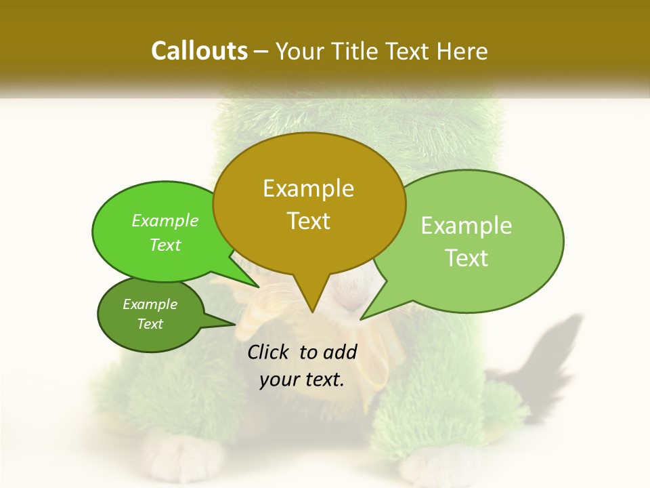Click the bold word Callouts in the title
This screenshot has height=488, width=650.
[x=199, y=51]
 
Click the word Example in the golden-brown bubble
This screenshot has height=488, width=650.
[x=308, y=188]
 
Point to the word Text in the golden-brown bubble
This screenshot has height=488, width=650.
[x=308, y=221]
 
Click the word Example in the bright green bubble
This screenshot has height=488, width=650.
[x=165, y=221]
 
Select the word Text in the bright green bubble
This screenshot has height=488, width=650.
[x=165, y=245]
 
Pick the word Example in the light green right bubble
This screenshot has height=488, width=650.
[x=467, y=226]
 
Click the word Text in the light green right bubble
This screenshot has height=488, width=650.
[x=467, y=258]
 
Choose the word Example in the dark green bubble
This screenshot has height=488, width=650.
[x=150, y=304]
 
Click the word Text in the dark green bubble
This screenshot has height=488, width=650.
[x=150, y=324]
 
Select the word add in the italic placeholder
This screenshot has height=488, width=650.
[x=340, y=352]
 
